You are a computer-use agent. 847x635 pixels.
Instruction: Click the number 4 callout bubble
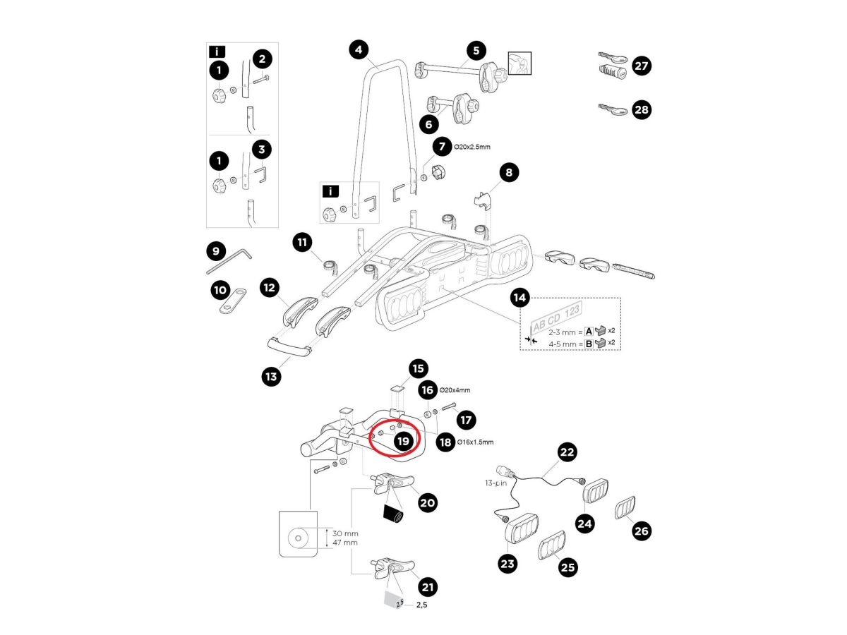[x=359, y=50]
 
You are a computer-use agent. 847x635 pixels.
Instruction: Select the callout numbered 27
[x=641, y=66]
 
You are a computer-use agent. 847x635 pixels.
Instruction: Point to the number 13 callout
[x=271, y=377]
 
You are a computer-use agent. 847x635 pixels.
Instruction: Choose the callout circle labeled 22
[x=567, y=452]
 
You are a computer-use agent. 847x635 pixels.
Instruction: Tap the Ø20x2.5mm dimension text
[x=472, y=147]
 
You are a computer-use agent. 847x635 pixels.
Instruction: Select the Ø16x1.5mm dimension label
[x=475, y=442]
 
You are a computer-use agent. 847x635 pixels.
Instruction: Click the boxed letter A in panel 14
[x=589, y=330]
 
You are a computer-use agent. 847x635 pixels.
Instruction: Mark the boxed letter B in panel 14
[x=589, y=344]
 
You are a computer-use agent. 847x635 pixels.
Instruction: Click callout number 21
[x=428, y=586]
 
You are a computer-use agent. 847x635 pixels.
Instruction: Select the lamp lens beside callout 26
[x=625, y=508]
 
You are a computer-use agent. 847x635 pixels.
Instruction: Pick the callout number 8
[x=509, y=171]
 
